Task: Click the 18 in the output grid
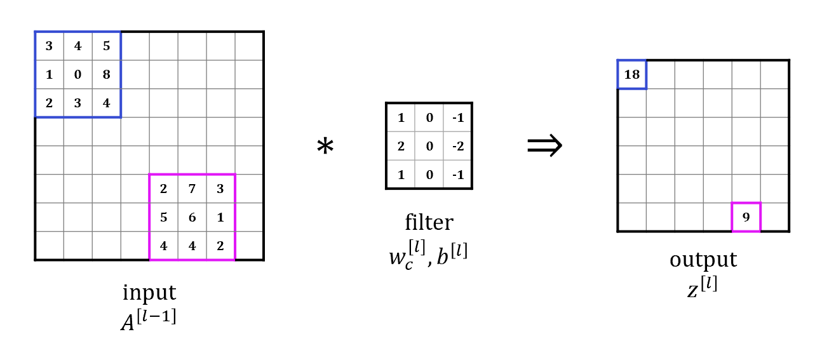tap(631, 75)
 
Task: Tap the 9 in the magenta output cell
tap(746, 217)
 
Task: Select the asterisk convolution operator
tap(325, 147)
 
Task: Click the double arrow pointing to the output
tap(544, 146)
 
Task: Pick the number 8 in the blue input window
tap(106, 75)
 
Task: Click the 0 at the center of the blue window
tap(77, 75)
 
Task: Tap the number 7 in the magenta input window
tap(192, 189)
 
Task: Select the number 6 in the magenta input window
tap(192, 217)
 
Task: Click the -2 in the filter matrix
tap(457, 146)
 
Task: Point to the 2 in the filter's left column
tap(401, 146)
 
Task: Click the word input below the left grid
tap(149, 293)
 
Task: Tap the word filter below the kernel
tap(429, 222)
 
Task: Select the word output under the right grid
tap(703, 260)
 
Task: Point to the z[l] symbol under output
tap(703, 287)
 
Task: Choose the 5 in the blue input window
tap(106, 46)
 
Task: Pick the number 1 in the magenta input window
tap(220, 217)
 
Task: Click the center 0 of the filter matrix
tap(429, 146)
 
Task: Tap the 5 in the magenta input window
tap(163, 217)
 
